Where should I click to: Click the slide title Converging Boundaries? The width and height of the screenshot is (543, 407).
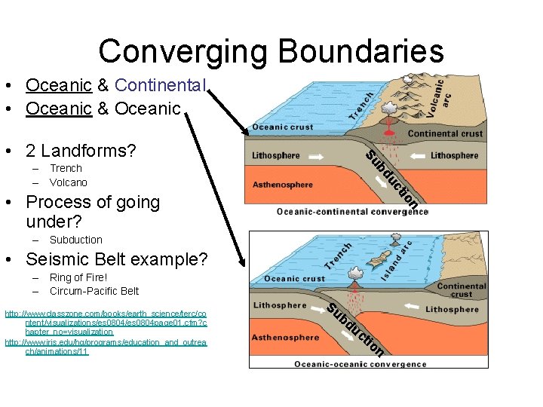tap(271, 51)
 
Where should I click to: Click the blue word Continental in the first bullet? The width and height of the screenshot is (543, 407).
tap(159, 86)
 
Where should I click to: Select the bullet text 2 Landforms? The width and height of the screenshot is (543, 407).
tap(81, 151)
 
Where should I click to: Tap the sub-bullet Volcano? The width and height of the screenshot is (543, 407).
tap(68, 182)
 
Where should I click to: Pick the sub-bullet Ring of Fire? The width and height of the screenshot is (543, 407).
tap(78, 277)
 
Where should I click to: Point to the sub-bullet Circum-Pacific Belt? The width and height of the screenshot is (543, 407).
tap(94, 291)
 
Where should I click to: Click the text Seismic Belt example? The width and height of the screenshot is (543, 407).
tap(116, 259)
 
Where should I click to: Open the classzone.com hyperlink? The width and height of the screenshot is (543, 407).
tap(106, 322)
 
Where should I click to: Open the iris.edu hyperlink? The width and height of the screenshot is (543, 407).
tap(106, 347)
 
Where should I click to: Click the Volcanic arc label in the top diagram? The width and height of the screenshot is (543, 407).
tap(435, 98)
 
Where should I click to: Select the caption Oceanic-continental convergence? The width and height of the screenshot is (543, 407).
tap(352, 212)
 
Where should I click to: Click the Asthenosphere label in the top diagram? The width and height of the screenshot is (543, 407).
tap(282, 184)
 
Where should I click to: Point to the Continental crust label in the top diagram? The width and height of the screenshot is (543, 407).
tap(445, 134)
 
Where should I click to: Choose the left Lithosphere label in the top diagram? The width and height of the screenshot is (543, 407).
tap(275, 156)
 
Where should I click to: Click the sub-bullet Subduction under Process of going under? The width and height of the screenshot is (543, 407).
tap(75, 240)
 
